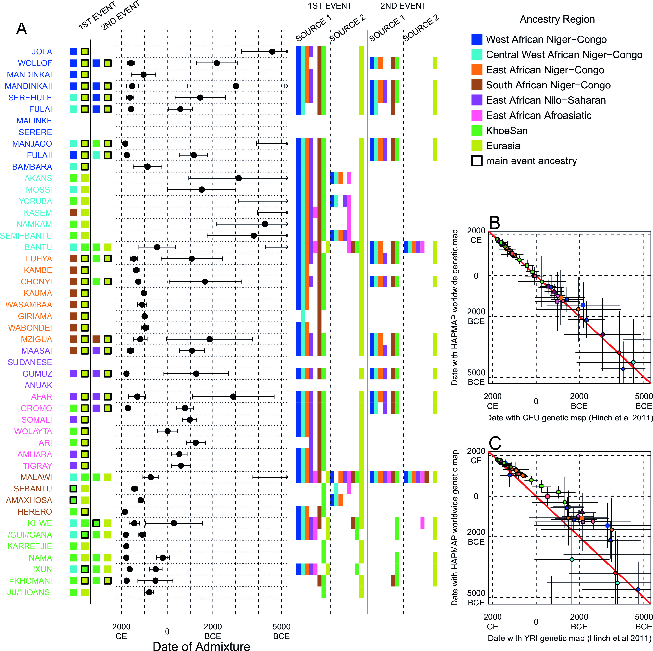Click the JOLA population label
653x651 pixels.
pyautogui.click(x=42, y=52)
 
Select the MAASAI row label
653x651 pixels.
pyautogui.click(x=37, y=351)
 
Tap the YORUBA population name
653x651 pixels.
pyautogui.click(x=36, y=201)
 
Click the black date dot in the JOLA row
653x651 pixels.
pyautogui.click(x=272, y=51)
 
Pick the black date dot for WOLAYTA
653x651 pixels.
pyautogui.click(x=167, y=431)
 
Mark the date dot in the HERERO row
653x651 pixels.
pyautogui.click(x=125, y=512)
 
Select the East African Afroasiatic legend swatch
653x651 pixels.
pyautogui.click(x=476, y=115)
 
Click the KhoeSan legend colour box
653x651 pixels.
pyautogui.click(x=476, y=131)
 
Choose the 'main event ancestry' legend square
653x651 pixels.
pyautogui.click(x=476, y=161)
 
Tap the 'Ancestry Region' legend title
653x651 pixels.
pyautogui.click(x=557, y=19)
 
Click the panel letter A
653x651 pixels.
pyautogui.click(x=22, y=29)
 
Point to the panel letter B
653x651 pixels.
pyautogui.click(x=495, y=222)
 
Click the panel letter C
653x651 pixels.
pyautogui.click(x=495, y=443)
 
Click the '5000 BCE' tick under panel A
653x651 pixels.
pyautogui.click(x=281, y=631)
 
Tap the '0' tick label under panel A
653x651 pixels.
pyautogui.click(x=167, y=631)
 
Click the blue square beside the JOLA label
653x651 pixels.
pyautogui.click(x=73, y=52)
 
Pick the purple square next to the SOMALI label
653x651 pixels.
pyautogui.click(x=73, y=420)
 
